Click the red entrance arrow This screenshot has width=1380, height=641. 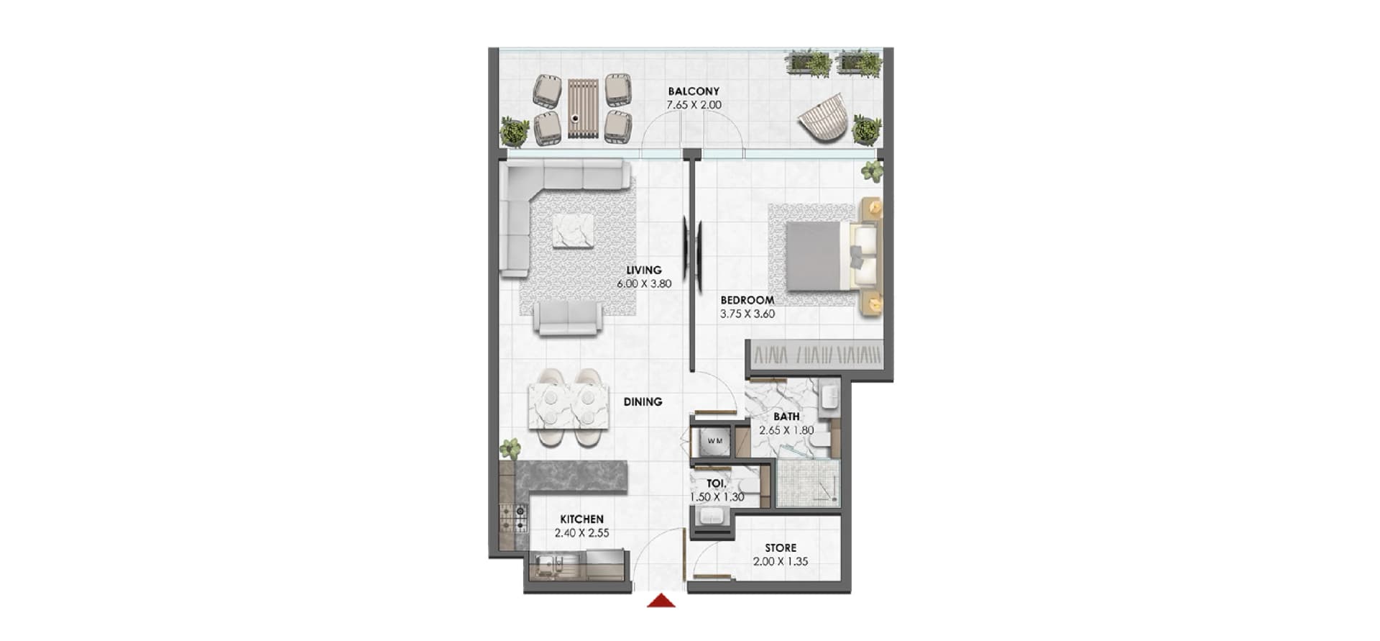click(661, 600)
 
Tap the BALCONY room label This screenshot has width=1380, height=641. click(694, 91)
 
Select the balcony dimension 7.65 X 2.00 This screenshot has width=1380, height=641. click(694, 105)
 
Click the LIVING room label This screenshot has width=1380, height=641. click(644, 271)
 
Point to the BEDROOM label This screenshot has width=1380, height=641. click(747, 300)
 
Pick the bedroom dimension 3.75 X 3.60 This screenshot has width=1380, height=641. click(747, 314)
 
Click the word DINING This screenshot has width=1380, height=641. click(643, 401)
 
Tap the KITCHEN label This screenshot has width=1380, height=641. click(582, 519)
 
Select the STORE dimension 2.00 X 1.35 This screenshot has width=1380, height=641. click(781, 561)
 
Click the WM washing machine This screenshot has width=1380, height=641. click(714, 440)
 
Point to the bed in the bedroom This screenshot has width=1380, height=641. click(832, 255)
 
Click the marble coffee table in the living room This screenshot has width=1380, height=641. click(573, 231)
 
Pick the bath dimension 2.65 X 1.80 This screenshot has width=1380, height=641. click(786, 430)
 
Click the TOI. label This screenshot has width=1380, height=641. click(716, 483)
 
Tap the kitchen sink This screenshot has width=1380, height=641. click(545, 565)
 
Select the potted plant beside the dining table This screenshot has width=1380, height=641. click(510, 448)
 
